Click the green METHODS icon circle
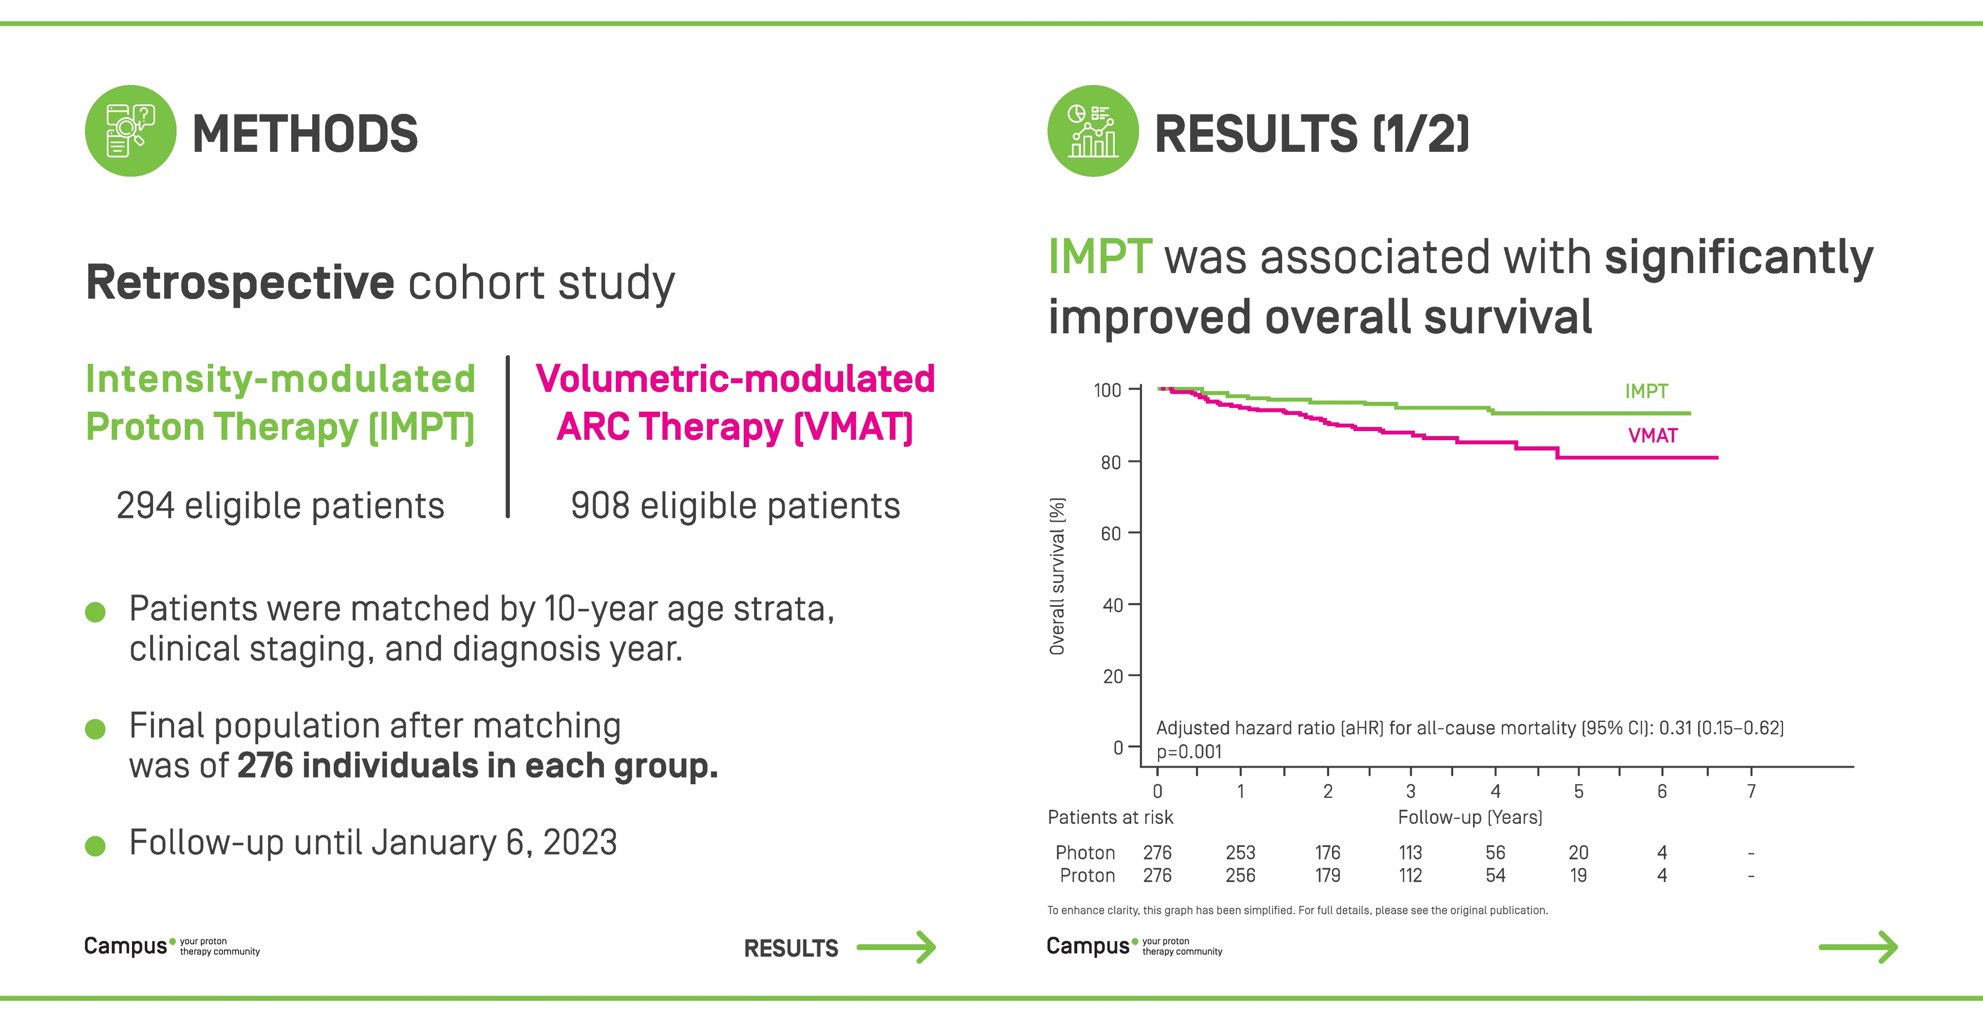coord(130,131)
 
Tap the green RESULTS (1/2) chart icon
coord(1092,131)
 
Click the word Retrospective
coord(240,283)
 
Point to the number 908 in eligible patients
coord(599,506)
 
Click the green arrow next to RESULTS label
coord(896,947)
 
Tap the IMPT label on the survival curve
coord(1646,391)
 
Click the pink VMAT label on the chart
coord(1652,436)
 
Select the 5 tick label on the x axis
coord(1578,792)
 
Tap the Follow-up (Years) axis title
coord(1470,817)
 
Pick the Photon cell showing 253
coord(1240,852)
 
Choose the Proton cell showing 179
coord(1327,875)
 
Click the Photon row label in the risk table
coord(1084,852)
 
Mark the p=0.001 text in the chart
coord(1189,751)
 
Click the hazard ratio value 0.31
coord(1674,728)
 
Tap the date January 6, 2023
coord(493,843)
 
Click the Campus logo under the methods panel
coord(125,946)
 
